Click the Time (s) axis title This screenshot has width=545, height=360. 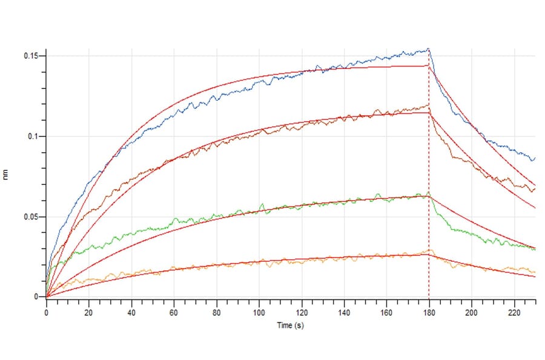coord(290,325)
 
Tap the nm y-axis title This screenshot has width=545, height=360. coord(8,176)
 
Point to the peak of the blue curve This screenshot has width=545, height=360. coord(428,49)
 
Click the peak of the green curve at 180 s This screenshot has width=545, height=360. coord(428,193)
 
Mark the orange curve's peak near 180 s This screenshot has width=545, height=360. coord(429,249)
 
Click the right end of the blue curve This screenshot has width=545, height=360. coord(534,158)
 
